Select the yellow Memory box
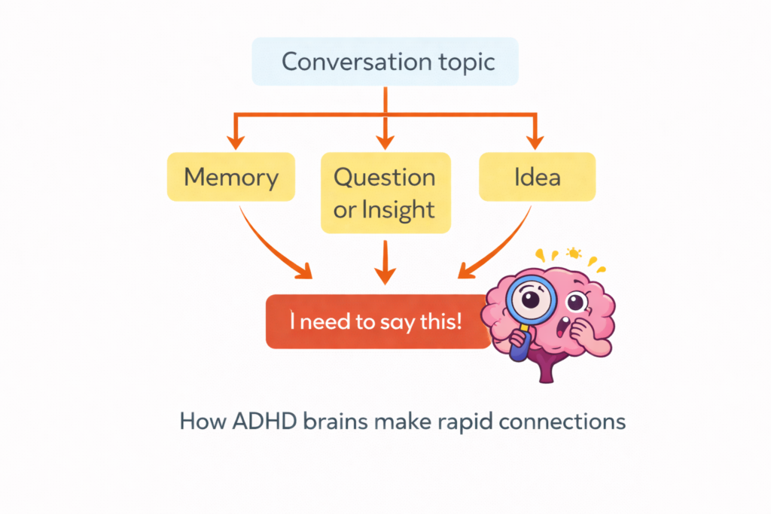click(231, 178)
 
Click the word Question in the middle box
click(385, 178)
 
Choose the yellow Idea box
click(537, 178)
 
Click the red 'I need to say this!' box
click(376, 321)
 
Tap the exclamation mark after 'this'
click(459, 321)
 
